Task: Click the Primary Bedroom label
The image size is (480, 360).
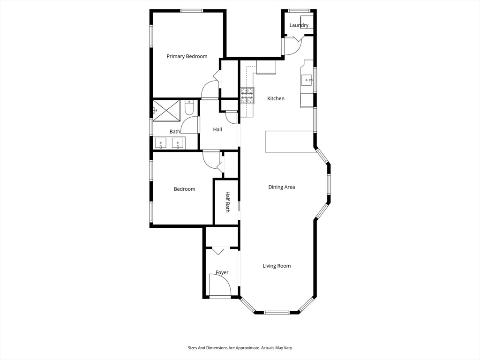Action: point(187,56)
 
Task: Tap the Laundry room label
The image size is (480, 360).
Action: point(299,25)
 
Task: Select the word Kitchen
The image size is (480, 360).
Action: point(276,98)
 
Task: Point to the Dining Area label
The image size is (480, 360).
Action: point(281,187)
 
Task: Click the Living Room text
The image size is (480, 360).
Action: point(277,266)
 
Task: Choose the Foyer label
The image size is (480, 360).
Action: point(222,272)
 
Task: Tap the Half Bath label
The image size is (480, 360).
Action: point(227,202)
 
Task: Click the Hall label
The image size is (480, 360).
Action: point(217,129)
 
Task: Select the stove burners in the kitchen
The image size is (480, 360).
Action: point(247,95)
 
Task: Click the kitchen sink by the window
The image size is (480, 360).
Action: point(307,80)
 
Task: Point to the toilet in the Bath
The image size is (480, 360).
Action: point(189,108)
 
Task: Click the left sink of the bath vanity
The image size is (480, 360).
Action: point(161,142)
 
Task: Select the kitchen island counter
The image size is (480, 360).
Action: point(289,142)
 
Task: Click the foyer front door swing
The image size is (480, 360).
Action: point(219,285)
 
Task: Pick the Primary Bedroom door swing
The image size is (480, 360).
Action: point(210,90)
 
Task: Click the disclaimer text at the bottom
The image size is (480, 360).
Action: point(240,348)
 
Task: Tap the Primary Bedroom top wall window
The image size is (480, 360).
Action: point(191,10)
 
